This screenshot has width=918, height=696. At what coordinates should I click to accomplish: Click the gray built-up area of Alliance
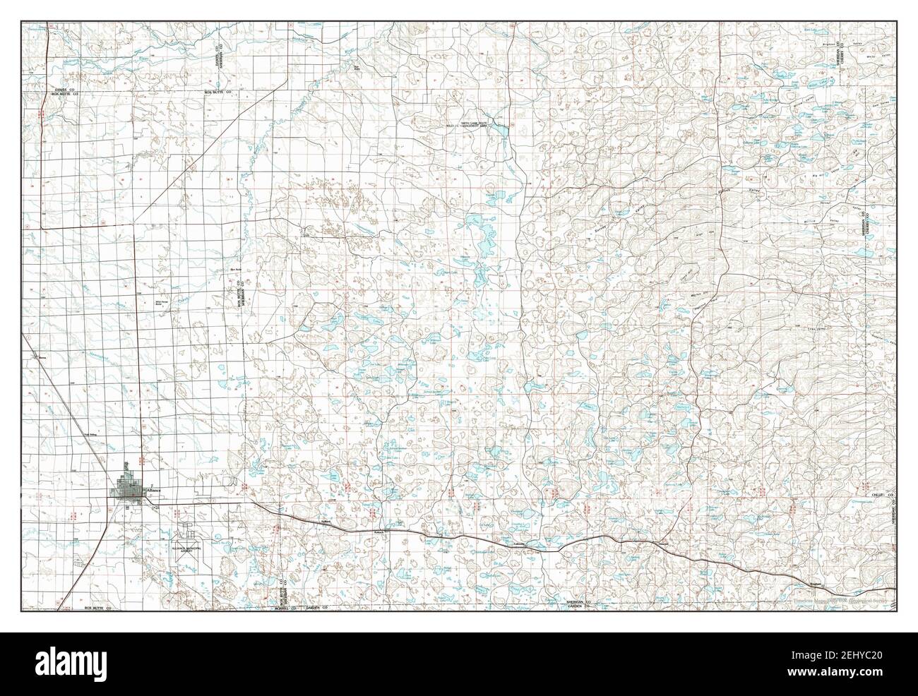pyautogui.click(x=129, y=488)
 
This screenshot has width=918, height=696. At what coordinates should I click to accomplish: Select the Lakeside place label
pyautogui.click(x=519, y=544)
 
